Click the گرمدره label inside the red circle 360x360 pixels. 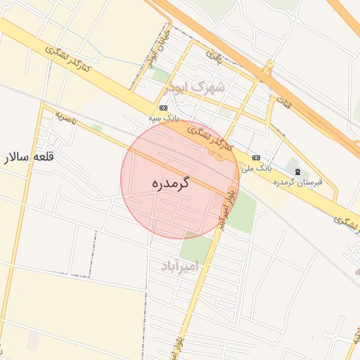click(x=172, y=184)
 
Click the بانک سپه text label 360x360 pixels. click(x=162, y=118)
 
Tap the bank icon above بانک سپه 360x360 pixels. click(x=163, y=108)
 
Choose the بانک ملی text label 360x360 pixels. click(x=256, y=168)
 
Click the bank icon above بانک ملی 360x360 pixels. click(x=256, y=157)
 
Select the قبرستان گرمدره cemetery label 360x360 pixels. click(x=298, y=182)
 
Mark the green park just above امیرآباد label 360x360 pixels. click(x=195, y=247)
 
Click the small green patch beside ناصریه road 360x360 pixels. click(x=97, y=127)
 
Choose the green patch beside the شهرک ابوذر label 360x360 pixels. click(x=161, y=75)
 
